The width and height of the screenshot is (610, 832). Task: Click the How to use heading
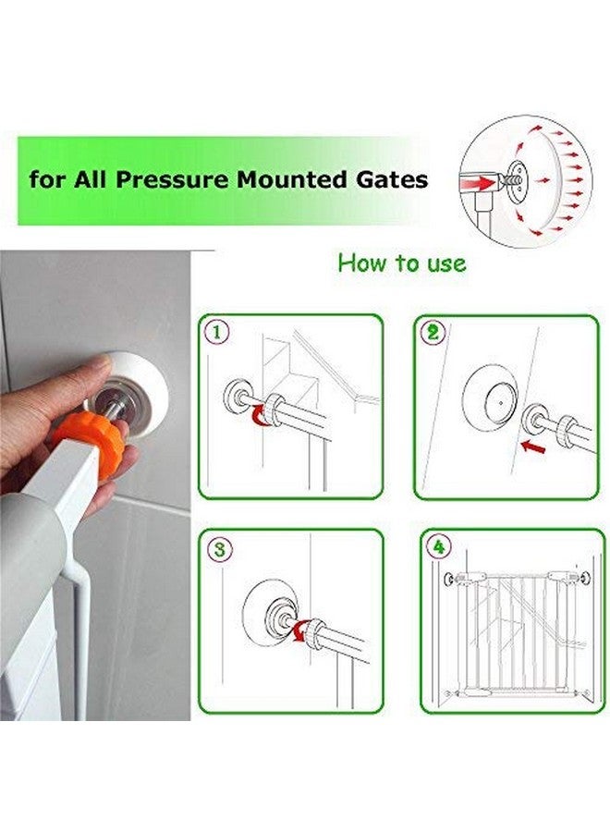(401, 263)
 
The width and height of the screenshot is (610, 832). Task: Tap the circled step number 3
(218, 548)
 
